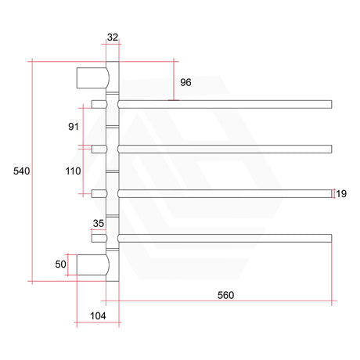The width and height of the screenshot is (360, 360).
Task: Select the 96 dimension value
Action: click(185, 82)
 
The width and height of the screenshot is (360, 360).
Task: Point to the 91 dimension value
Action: click(74, 125)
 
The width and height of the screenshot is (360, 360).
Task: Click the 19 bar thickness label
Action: click(343, 193)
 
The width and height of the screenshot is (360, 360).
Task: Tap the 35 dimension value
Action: click(98, 223)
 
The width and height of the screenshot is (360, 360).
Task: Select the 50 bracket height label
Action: click(59, 265)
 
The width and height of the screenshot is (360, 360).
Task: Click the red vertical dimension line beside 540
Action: click(32, 171)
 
